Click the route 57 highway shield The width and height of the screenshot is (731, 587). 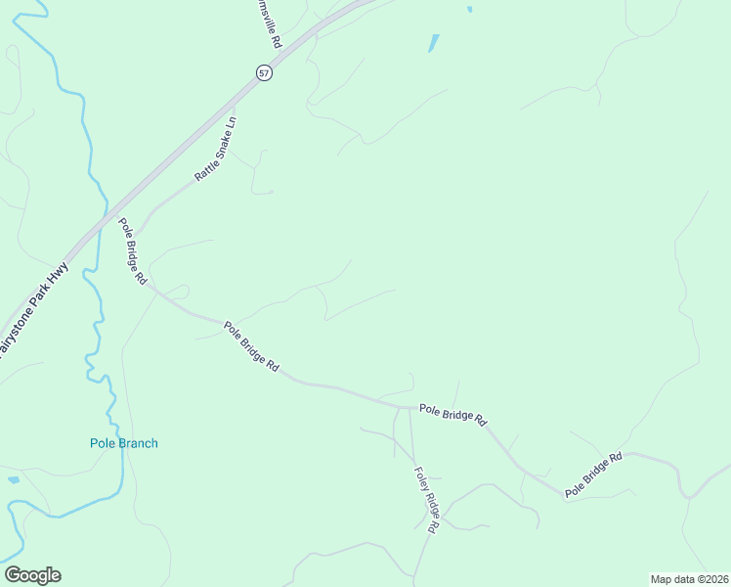[264, 72]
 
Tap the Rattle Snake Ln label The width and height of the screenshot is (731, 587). [216, 150]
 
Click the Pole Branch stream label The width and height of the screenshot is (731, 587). [124, 443]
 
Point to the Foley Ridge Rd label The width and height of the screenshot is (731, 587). [426, 498]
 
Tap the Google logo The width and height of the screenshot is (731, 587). [32, 575]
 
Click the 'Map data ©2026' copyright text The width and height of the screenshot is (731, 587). [689, 578]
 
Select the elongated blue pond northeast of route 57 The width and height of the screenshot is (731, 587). [433, 44]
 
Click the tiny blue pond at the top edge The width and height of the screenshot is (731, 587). [470, 10]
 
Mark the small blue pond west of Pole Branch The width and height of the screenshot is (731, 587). [13, 479]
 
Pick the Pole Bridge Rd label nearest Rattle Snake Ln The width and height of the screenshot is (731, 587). [132, 250]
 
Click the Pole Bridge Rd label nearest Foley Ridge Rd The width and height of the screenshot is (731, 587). [452, 414]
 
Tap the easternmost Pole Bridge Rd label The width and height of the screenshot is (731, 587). [593, 475]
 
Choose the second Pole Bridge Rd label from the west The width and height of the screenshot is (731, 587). [252, 346]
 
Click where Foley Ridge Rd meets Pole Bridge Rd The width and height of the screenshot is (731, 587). [409, 407]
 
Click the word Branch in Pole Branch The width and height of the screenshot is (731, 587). [138, 443]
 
